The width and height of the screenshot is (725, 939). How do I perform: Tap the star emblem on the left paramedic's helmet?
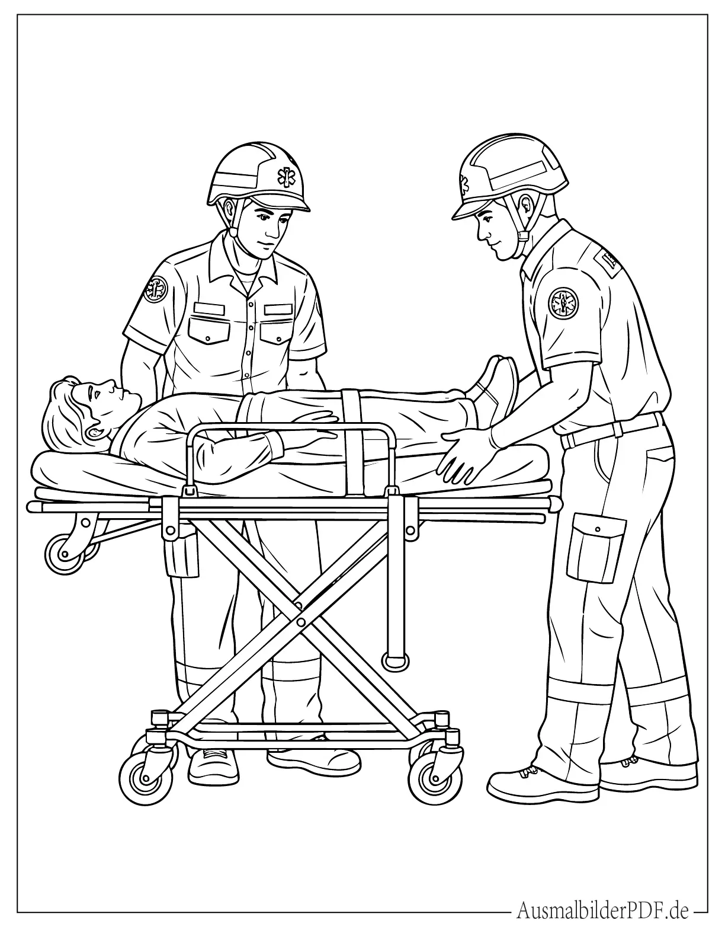point(284,176)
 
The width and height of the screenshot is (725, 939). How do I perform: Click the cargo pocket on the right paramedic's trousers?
point(596,548)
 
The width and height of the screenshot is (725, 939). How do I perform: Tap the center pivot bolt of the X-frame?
point(301,622)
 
